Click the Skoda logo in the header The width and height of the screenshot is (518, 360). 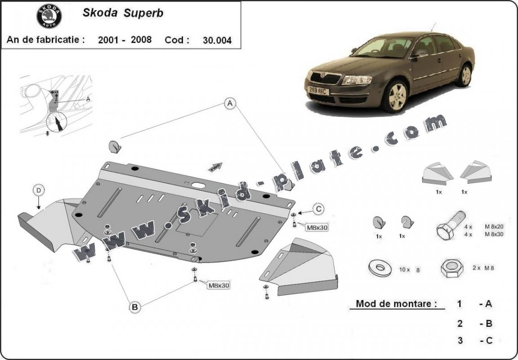click(49, 17)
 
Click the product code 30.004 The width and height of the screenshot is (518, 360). click(217, 40)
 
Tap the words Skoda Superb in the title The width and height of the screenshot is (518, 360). click(123, 13)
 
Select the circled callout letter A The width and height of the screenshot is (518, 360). click(230, 104)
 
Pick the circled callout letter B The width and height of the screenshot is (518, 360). click(134, 307)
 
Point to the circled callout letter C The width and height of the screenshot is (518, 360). click(318, 208)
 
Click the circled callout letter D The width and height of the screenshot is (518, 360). click(39, 191)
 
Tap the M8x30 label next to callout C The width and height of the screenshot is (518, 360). click(317, 227)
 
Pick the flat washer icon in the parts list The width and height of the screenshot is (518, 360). click(380, 268)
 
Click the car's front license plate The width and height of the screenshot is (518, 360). click(318, 91)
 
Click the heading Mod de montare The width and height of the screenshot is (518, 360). click(396, 303)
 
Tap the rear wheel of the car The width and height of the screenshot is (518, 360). click(464, 75)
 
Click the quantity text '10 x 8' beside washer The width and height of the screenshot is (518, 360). click(409, 270)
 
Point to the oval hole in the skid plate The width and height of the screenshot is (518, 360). click(197, 185)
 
